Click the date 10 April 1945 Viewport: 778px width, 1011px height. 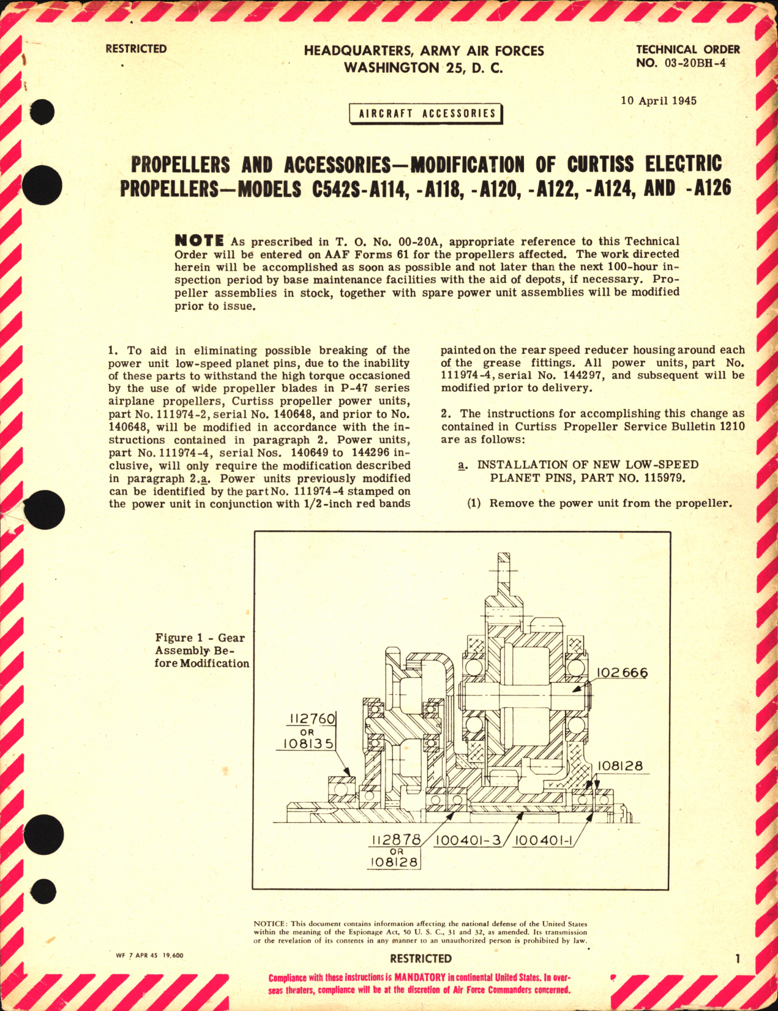coord(658,100)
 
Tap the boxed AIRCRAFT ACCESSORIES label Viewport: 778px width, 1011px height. coord(427,114)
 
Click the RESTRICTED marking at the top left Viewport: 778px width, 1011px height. coord(136,49)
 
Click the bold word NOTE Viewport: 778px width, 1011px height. coord(199,240)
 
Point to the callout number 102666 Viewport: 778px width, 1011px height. coord(622,673)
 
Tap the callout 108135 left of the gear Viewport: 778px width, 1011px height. coord(309,744)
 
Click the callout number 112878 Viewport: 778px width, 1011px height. coord(394,841)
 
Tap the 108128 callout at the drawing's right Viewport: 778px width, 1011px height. coord(620,766)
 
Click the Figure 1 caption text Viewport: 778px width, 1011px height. coord(201,650)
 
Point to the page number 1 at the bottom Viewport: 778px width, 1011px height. coord(737,958)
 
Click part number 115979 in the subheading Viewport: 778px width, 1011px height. coord(659,478)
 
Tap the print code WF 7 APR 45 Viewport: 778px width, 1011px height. coord(138,956)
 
